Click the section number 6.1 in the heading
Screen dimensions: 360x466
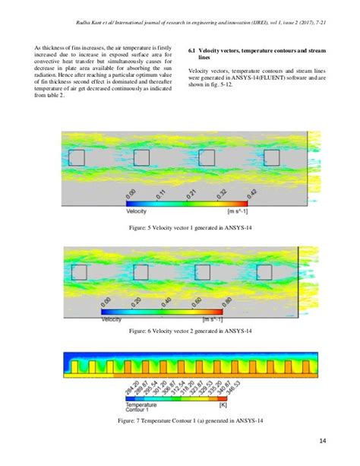tap(192, 49)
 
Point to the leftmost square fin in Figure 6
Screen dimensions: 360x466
tap(77, 272)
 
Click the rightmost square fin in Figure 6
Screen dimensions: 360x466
tap(263, 272)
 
